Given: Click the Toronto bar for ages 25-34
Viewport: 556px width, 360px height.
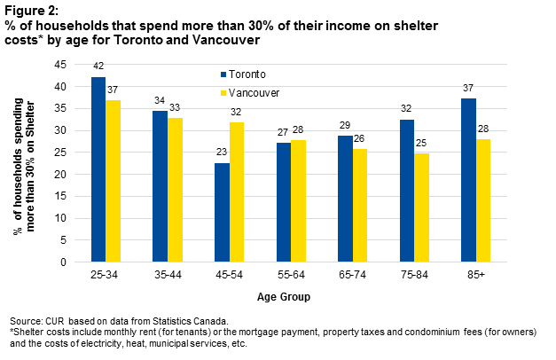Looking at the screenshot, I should pyautogui.click(x=98, y=169).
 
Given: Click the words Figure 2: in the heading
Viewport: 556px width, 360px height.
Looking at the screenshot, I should pyautogui.click(x=29, y=10).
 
